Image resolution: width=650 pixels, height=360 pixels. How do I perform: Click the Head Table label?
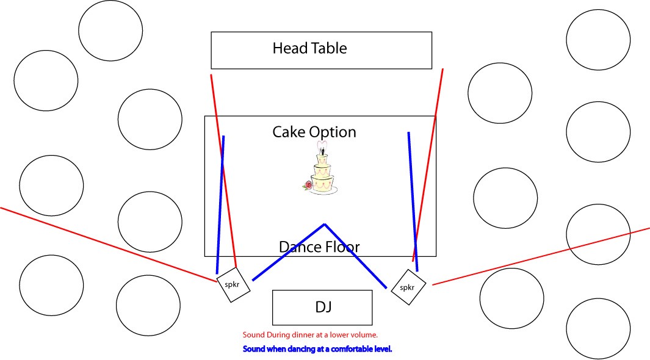309,48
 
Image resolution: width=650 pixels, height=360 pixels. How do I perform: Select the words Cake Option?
314,132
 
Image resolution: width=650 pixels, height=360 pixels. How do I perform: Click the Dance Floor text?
319,247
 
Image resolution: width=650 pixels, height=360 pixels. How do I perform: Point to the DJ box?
322,307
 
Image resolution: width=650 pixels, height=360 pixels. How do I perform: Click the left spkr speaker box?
234,284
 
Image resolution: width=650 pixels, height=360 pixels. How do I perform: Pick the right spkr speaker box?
408,287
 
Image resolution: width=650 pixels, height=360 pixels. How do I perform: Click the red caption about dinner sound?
310,335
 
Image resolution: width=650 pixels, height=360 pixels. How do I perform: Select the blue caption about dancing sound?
317,349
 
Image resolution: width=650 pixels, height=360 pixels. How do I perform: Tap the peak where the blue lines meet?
324,225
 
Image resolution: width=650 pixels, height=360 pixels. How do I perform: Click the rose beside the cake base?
308,185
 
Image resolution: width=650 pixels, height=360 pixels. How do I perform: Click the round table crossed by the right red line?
598,234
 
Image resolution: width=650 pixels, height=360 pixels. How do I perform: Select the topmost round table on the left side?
110,31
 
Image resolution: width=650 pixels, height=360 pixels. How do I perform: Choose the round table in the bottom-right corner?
598,328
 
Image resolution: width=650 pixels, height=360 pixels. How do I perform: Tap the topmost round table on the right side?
598,40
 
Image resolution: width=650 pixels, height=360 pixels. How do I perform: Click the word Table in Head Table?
329,48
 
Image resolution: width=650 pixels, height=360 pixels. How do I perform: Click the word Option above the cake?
332,132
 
